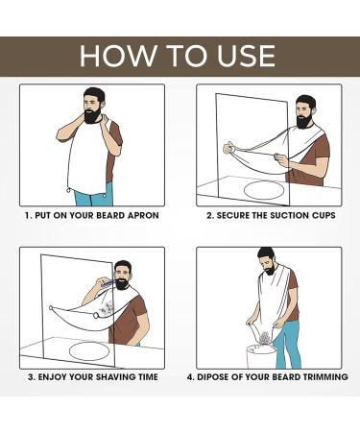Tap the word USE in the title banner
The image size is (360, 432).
pyautogui.click(x=250, y=56)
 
